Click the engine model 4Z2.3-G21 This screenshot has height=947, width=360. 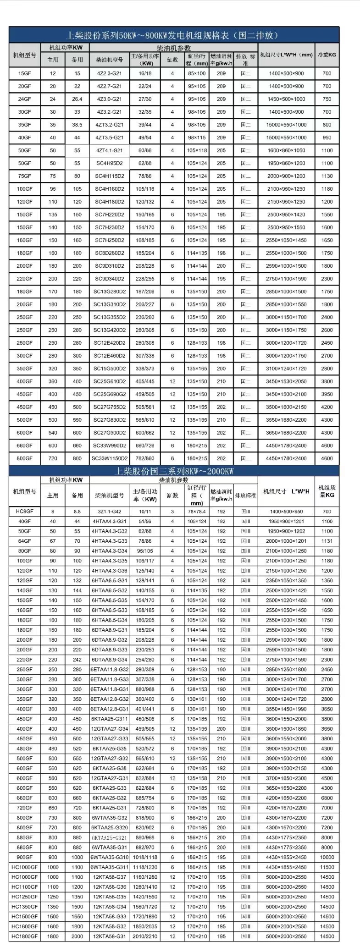point(109,73)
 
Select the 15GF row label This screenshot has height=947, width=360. point(24,73)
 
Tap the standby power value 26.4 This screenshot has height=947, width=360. point(77,99)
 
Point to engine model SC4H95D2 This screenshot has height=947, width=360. point(109,163)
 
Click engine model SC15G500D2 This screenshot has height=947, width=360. point(109,369)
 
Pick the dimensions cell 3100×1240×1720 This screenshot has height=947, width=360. point(286,369)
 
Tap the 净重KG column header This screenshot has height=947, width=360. point(327,55)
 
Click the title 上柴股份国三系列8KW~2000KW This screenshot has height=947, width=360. point(174,471)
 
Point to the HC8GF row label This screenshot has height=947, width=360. point(24,512)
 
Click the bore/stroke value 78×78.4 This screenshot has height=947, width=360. point(197,512)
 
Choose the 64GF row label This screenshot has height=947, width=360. point(24,541)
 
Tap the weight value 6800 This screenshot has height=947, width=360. point(327,798)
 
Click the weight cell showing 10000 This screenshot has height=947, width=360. point(327,857)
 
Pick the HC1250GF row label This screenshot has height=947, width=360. point(24,897)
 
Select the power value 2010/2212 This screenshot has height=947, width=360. point(144,936)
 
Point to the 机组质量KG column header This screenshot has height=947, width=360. point(327,491)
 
